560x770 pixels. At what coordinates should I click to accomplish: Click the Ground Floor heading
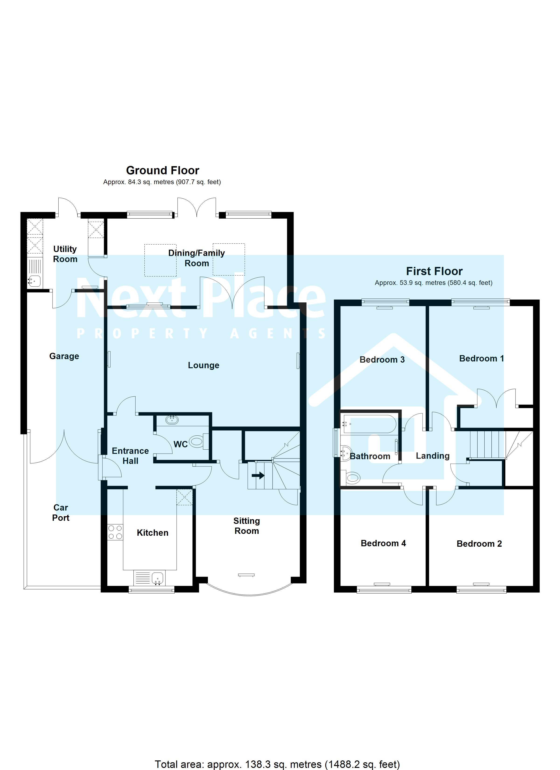click(162, 170)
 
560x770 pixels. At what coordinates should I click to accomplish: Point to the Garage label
click(64, 356)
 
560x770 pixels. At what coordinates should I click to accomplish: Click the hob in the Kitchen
click(115, 532)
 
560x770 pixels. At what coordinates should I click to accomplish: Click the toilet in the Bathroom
click(351, 478)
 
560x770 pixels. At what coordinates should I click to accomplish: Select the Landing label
click(432, 456)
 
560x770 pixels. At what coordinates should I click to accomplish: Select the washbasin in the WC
click(172, 420)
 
